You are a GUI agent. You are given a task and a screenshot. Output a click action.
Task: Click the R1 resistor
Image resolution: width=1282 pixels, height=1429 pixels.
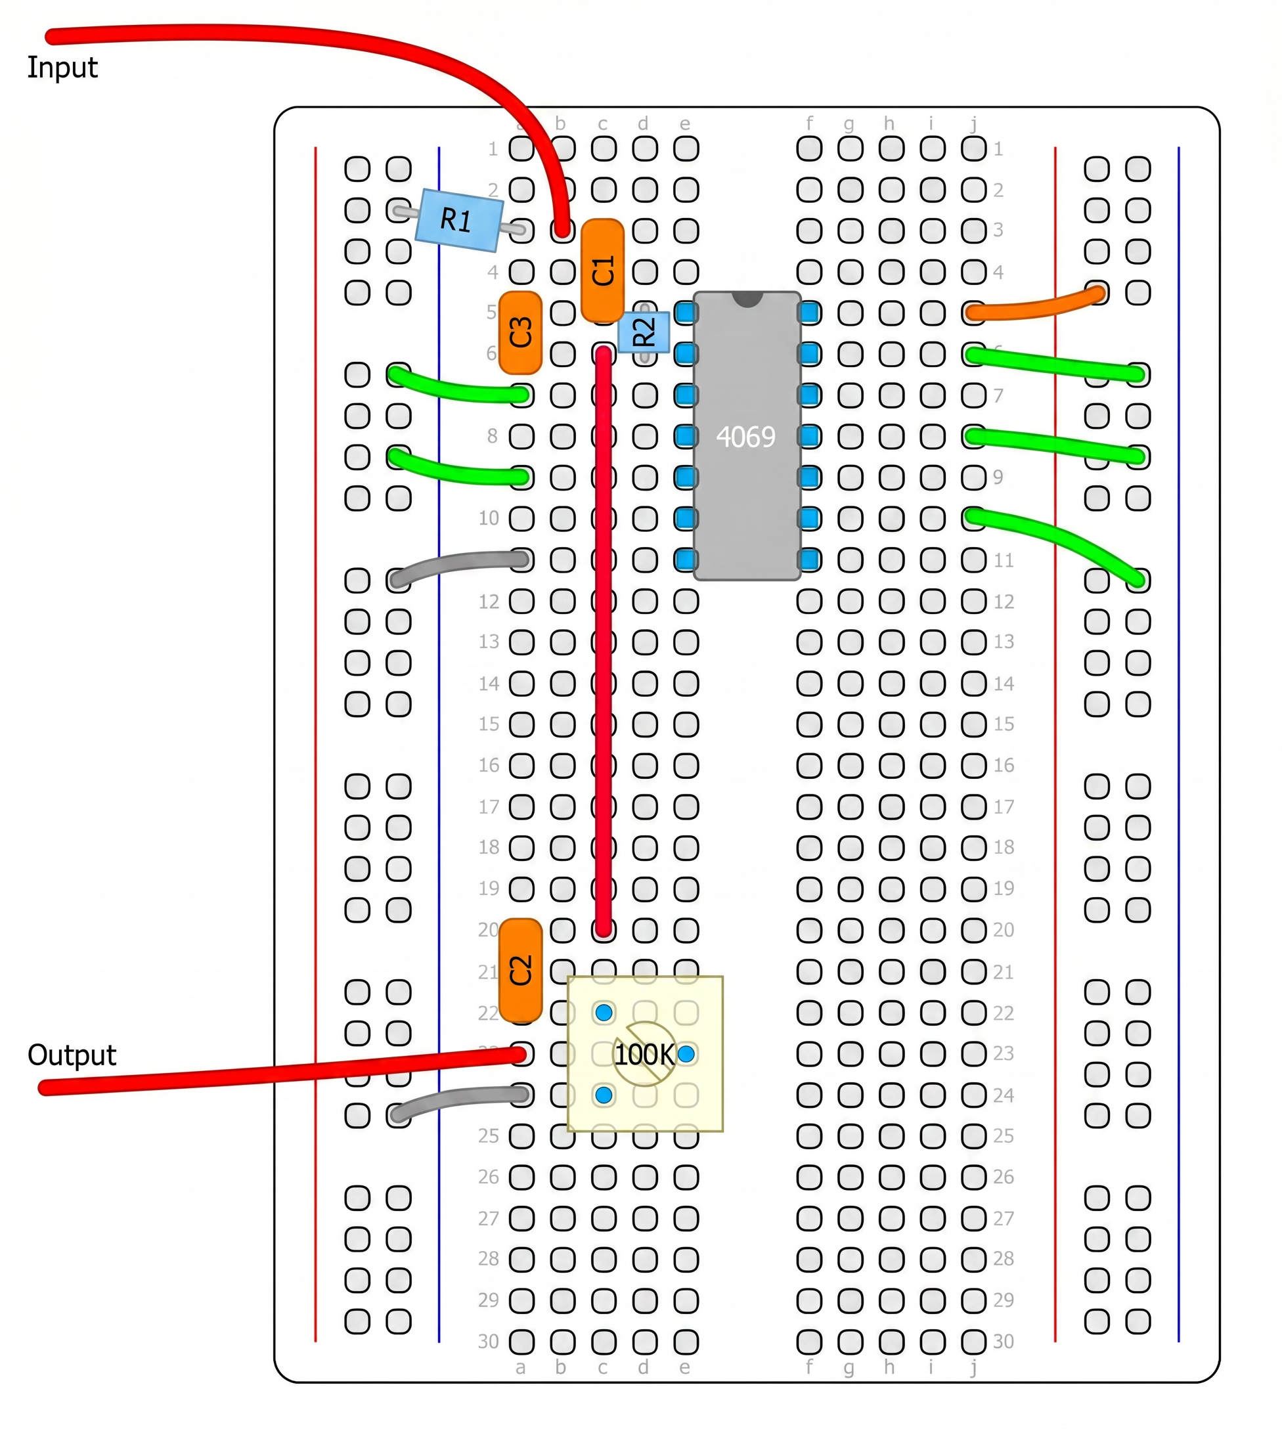(x=458, y=221)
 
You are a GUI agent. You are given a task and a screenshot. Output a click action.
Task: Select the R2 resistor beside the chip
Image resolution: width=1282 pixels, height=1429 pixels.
(x=644, y=332)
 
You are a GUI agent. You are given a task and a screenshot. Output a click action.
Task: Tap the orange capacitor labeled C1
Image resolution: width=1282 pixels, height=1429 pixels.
(x=603, y=271)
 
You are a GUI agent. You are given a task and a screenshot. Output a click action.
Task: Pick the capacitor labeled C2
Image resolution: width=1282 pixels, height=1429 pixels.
(x=521, y=971)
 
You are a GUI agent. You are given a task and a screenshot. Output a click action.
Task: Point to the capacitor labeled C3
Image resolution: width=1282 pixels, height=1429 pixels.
(x=521, y=332)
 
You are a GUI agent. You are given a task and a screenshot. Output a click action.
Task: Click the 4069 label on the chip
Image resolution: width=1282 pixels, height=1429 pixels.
(x=745, y=437)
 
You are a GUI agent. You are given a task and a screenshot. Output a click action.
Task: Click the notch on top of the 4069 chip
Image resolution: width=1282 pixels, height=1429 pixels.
(x=747, y=299)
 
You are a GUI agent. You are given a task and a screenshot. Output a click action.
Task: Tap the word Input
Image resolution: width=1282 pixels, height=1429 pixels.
(x=62, y=68)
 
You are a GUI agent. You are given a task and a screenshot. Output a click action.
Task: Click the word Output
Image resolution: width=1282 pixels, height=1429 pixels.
(x=72, y=1055)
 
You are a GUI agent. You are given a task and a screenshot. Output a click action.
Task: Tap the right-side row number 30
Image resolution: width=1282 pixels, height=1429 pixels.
(x=1003, y=1342)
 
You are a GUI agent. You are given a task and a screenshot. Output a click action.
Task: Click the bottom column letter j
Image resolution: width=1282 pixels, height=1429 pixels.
(x=973, y=1368)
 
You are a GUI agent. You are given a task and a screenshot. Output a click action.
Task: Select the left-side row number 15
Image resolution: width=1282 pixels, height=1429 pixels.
(x=489, y=724)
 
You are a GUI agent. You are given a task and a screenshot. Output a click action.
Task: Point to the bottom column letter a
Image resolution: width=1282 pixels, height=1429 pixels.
(x=521, y=1368)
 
